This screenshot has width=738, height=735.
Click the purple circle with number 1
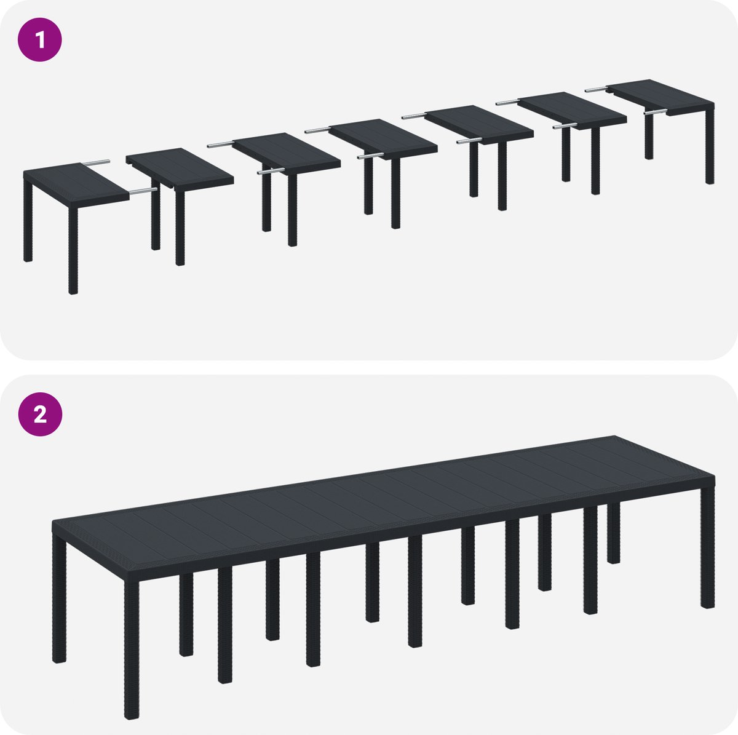pyautogui.click(x=40, y=39)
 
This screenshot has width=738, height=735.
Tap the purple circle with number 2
pyautogui.click(x=40, y=414)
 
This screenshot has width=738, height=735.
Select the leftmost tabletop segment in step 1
pyautogui.click(x=76, y=183)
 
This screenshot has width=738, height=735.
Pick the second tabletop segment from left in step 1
pyautogui.click(x=180, y=168)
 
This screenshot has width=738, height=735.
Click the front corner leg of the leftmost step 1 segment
pyautogui.click(x=73, y=251)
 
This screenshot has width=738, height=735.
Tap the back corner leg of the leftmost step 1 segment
pyautogui.click(x=28, y=221)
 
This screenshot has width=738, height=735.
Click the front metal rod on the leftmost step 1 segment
pyautogui.click(x=143, y=190)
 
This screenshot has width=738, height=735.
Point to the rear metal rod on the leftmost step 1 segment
pyautogui.click(x=97, y=162)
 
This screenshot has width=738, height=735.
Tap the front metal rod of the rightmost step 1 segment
pyautogui.click(x=655, y=112)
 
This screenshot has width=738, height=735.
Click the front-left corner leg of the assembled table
pyautogui.click(x=132, y=649)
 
